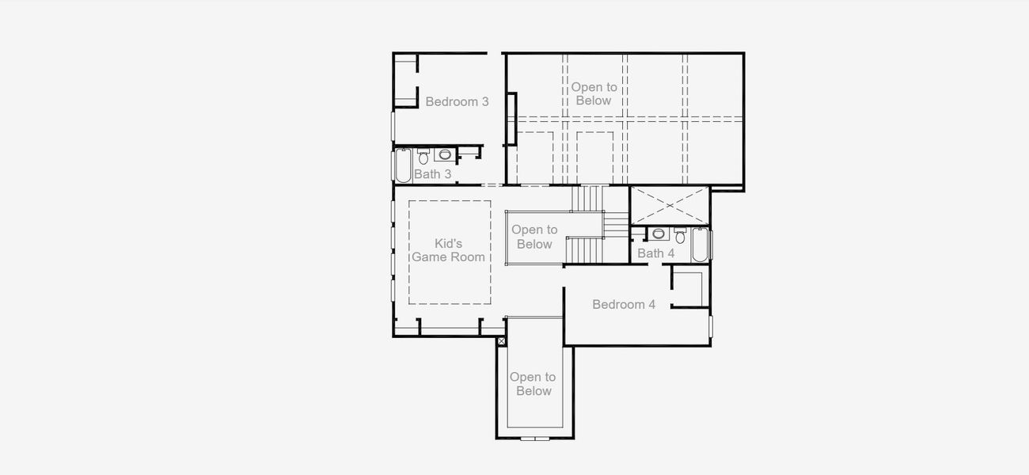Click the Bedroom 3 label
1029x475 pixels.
point(457,101)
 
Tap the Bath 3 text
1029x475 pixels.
point(432,174)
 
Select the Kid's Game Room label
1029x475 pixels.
point(448,250)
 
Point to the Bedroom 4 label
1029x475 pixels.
point(624,304)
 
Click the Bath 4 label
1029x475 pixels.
point(656,253)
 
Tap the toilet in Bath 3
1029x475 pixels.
point(423,157)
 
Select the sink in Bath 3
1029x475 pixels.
point(445,154)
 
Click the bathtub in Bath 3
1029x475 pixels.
point(404,166)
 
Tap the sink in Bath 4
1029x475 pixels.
point(659,234)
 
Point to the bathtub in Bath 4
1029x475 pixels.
point(701,245)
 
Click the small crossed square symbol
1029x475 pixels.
point(501,341)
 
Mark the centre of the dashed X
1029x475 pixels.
point(670,206)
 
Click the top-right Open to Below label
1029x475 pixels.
point(594,93)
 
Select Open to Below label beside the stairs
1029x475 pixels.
point(534,237)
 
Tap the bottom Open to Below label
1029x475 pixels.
point(533,384)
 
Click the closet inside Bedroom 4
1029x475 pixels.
point(689,289)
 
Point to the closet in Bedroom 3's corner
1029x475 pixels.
point(405,81)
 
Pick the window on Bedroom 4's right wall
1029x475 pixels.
point(711,326)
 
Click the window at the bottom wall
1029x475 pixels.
point(534,438)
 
